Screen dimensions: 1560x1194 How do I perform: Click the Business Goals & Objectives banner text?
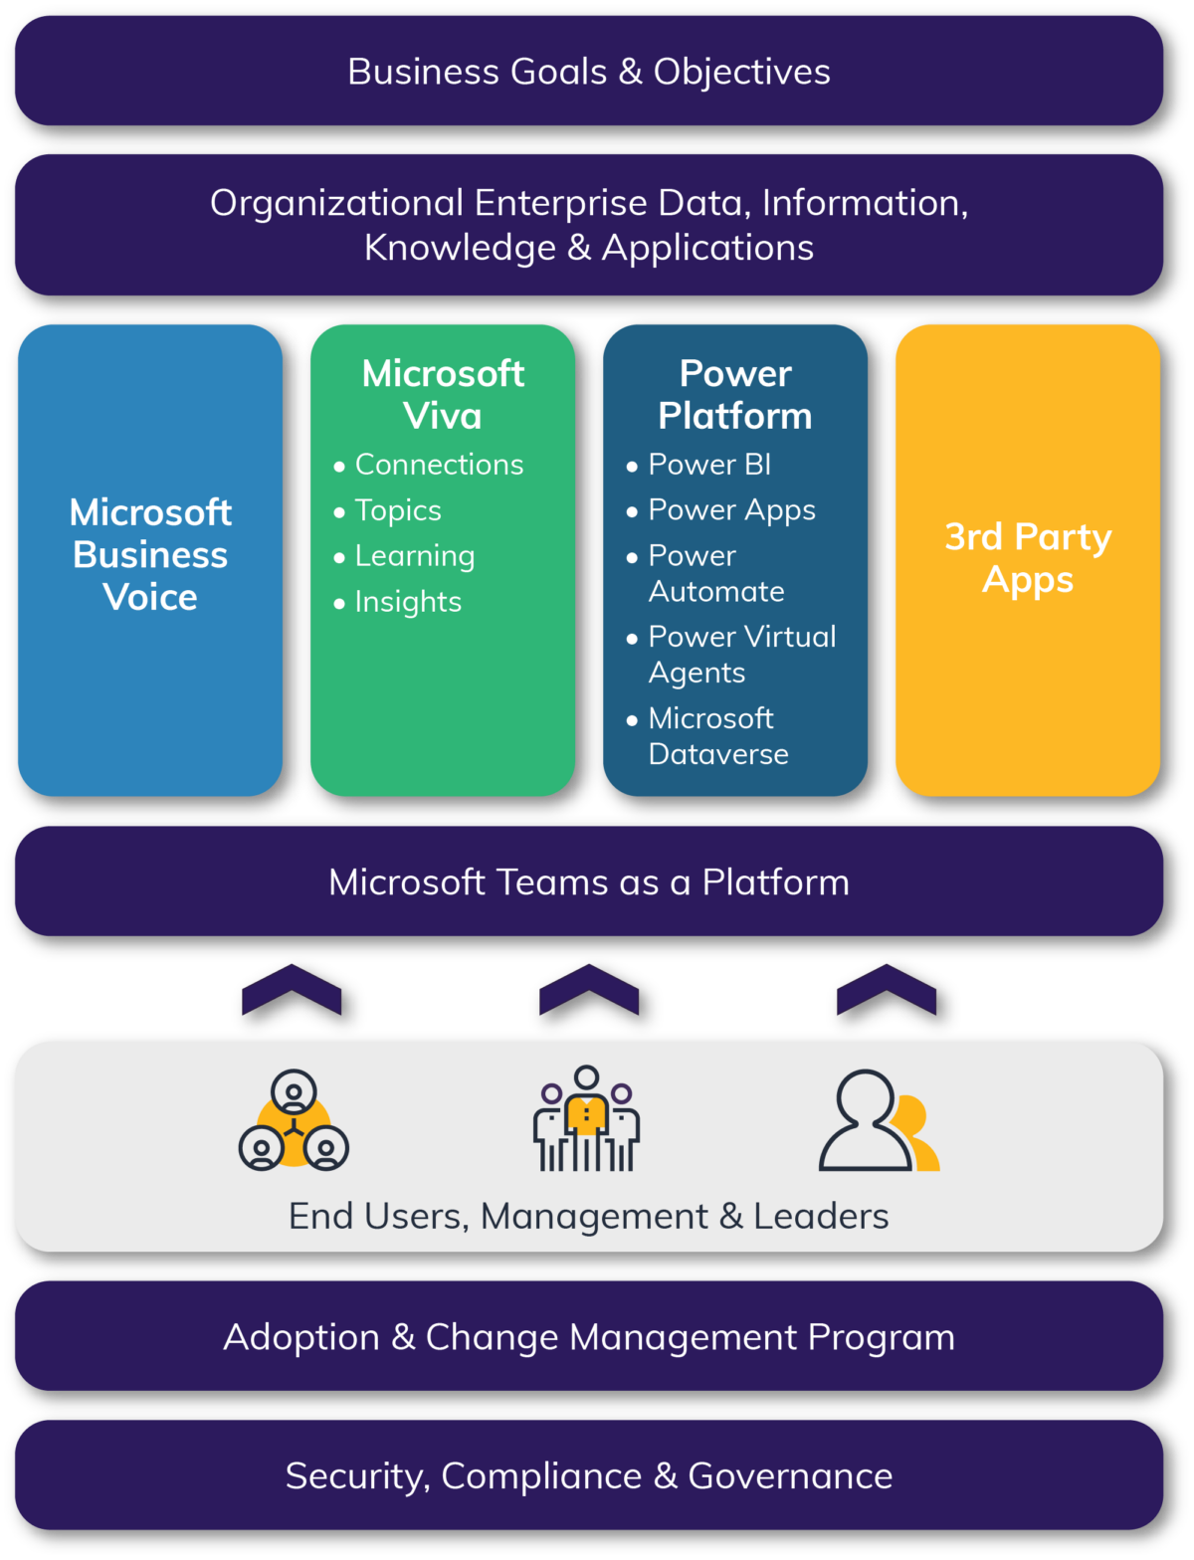(588, 72)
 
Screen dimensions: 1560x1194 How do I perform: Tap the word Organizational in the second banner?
(336, 203)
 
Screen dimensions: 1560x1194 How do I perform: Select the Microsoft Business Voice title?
(150, 554)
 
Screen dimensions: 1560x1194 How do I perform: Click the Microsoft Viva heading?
(443, 394)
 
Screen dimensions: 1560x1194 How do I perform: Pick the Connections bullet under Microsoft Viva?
(439, 465)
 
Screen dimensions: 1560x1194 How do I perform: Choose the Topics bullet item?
(398, 510)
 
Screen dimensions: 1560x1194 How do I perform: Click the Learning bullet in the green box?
(415, 556)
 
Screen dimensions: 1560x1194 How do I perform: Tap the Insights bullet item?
(408, 602)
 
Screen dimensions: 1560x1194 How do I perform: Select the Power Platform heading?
(735, 394)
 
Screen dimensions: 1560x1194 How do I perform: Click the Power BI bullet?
(709, 465)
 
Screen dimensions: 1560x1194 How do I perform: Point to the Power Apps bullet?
(731, 510)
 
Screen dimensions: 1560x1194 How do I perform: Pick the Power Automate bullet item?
(715, 573)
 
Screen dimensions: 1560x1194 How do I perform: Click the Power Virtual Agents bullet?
(741, 655)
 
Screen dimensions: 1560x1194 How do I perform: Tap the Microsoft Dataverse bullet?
(717, 736)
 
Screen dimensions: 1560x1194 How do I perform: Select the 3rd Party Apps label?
(1028, 558)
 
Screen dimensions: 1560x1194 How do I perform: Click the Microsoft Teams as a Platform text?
(588, 882)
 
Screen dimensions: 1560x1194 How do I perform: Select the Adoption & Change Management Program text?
(588, 1337)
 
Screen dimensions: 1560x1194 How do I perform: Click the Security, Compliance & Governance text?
(588, 1476)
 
